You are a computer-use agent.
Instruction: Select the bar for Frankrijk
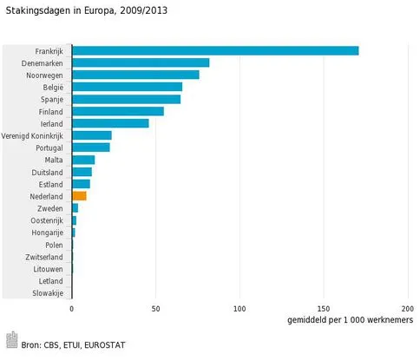(215, 50)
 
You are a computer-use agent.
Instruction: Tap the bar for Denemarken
(141, 62)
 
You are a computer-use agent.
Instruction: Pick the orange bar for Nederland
(79, 196)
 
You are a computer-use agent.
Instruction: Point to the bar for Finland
(118, 111)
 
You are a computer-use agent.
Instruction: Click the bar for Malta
(83, 160)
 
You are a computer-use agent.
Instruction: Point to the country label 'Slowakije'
(47, 294)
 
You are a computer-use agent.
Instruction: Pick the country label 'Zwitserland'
(43, 258)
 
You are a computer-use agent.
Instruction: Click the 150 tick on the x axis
(324, 309)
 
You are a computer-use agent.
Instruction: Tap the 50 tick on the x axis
(155, 309)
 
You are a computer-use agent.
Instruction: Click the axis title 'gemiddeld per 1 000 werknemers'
(349, 321)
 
